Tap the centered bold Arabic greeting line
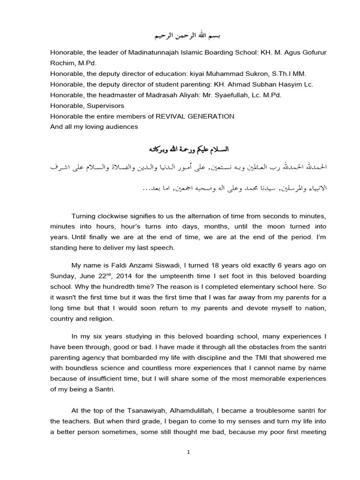(x=180, y=149)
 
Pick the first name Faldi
(x=120, y=265)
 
